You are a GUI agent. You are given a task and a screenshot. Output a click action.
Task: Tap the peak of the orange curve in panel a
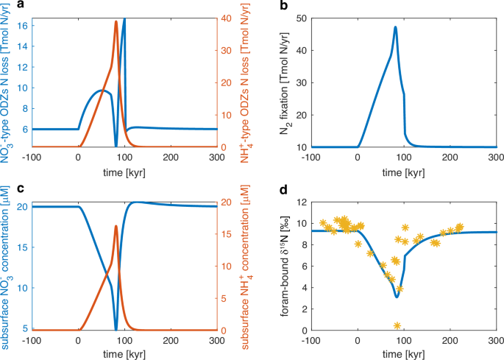(x=116, y=21)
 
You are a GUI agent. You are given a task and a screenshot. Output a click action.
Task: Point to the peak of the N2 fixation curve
(x=395, y=27)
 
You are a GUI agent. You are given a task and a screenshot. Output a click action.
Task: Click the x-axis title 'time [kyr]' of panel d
(x=403, y=354)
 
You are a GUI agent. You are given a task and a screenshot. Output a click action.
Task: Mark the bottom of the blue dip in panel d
(x=397, y=297)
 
